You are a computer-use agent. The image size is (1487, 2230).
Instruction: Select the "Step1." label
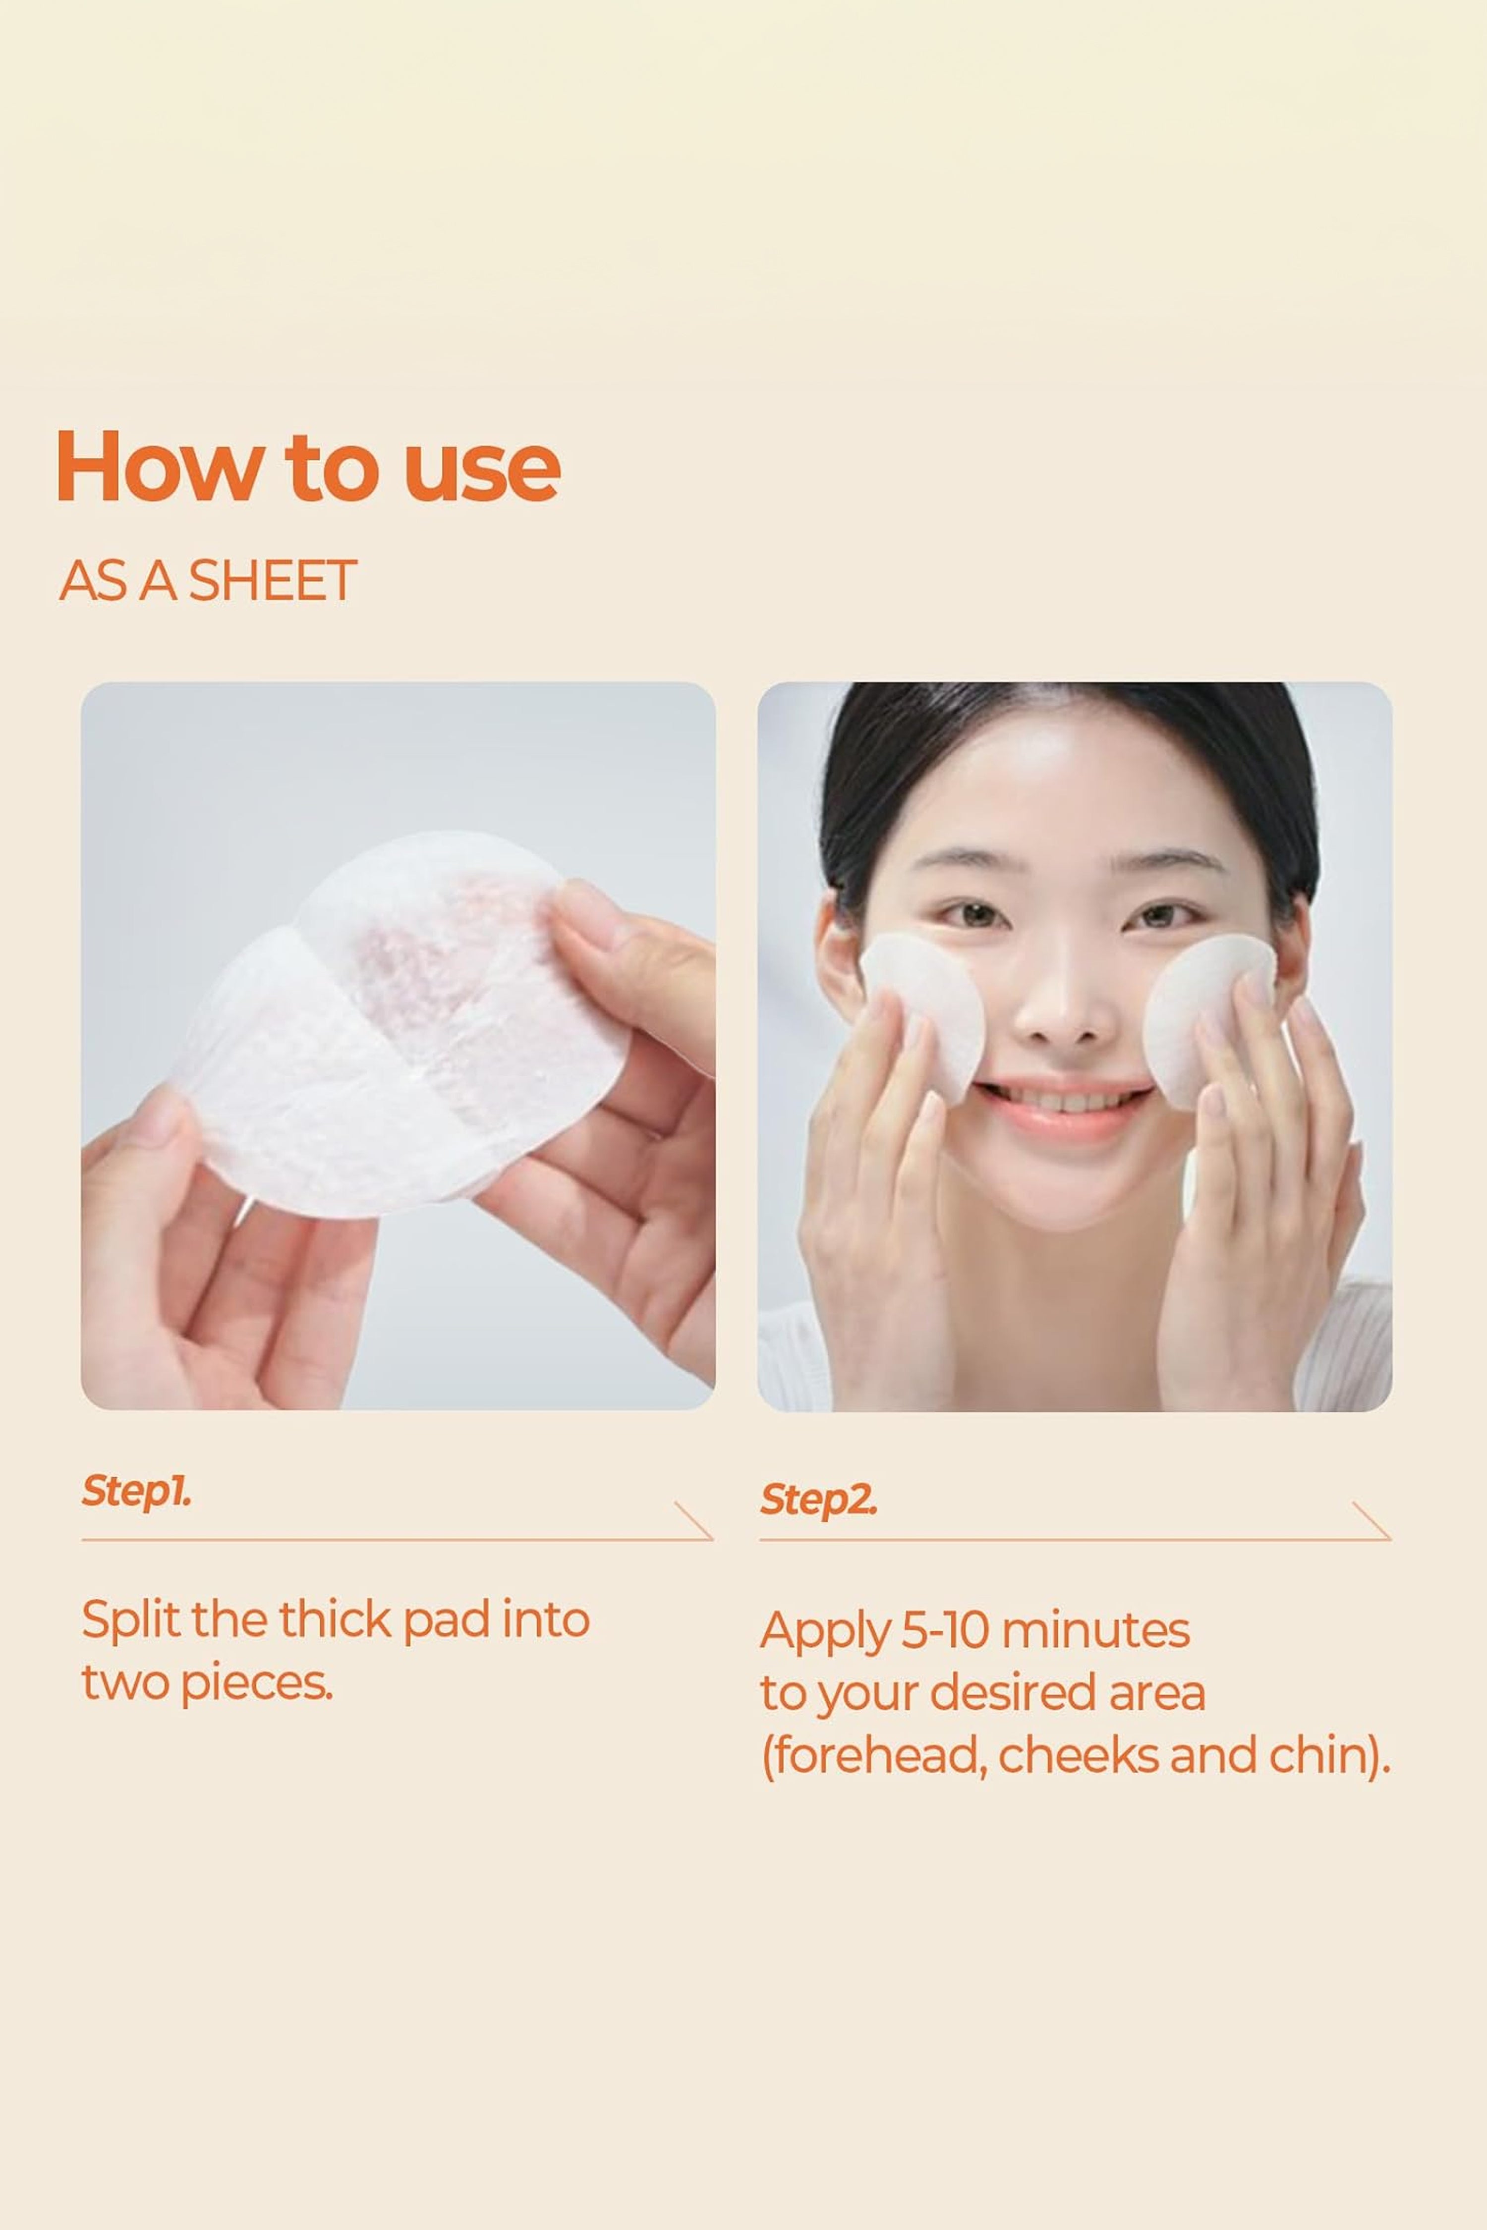click(x=137, y=1491)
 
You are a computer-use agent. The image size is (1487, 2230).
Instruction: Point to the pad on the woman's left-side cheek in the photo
click(x=924, y=1014)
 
